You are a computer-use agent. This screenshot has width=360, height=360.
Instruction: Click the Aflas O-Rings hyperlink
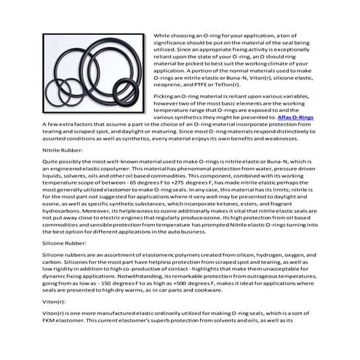tap(297, 117)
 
